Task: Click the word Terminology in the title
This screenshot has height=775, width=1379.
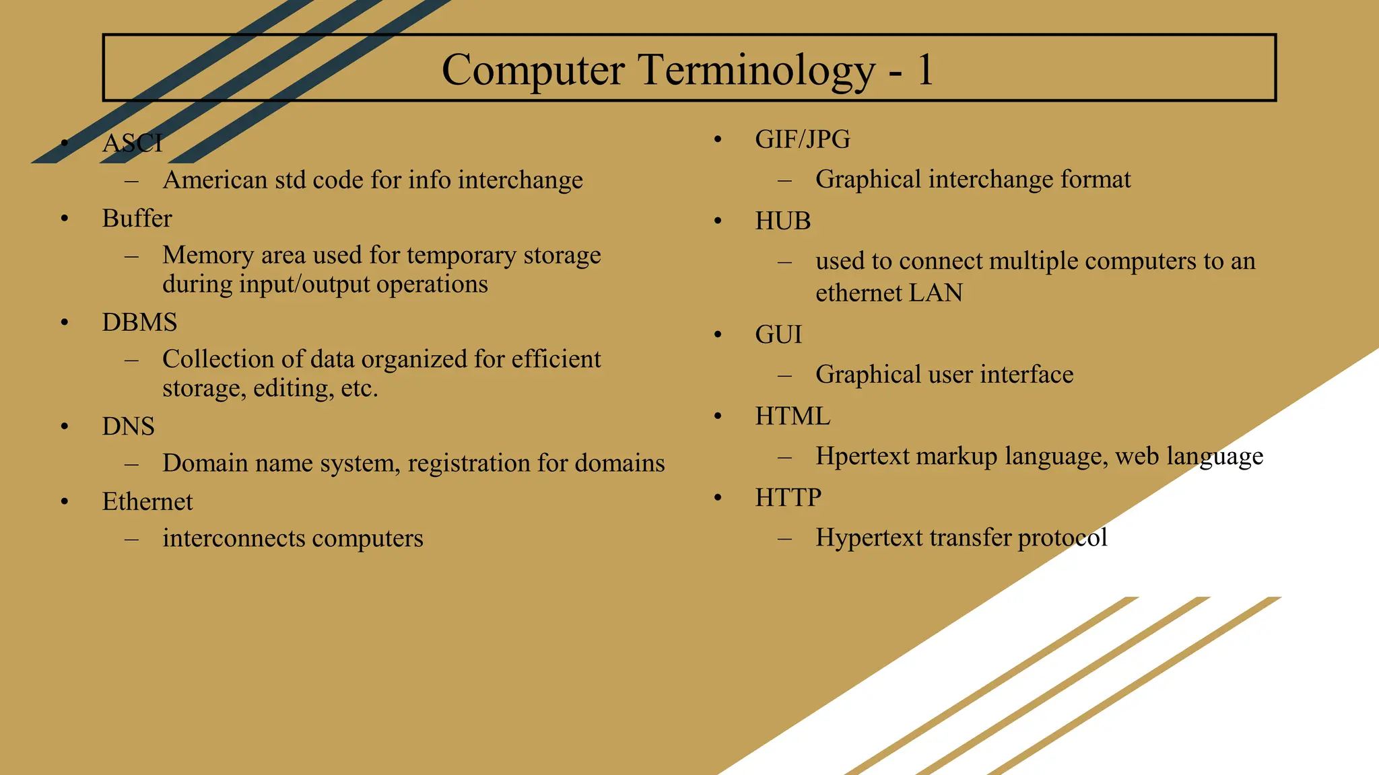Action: pyautogui.click(x=756, y=70)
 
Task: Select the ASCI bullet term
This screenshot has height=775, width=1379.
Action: pyautogui.click(x=132, y=143)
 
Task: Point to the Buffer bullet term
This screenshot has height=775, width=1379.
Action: pyautogui.click(x=137, y=219)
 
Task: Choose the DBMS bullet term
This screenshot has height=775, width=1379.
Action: pyautogui.click(x=139, y=322)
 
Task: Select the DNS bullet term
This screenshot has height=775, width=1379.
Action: pyautogui.click(x=128, y=427)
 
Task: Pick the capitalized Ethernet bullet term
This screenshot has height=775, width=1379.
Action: pyautogui.click(x=147, y=502)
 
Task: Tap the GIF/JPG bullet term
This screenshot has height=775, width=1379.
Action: pyautogui.click(x=802, y=139)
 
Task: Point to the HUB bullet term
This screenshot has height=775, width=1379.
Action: pyautogui.click(x=782, y=221)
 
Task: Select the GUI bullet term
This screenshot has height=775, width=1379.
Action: pyautogui.click(x=778, y=335)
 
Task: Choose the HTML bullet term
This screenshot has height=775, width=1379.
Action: pyautogui.click(x=793, y=416)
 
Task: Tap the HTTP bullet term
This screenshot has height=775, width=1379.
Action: pyautogui.click(x=788, y=498)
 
